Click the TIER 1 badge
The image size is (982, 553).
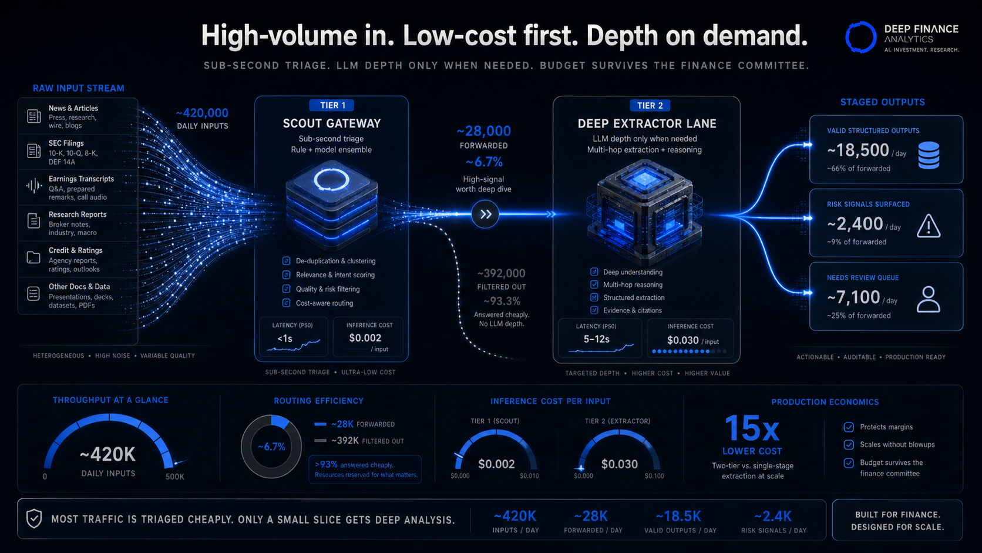click(x=332, y=105)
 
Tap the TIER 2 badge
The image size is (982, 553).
click(x=650, y=106)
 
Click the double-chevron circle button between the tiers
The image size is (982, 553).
click(x=485, y=214)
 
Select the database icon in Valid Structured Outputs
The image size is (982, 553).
click(x=929, y=155)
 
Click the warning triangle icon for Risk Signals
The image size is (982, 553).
click(x=929, y=226)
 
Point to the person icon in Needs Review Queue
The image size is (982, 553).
click(x=929, y=300)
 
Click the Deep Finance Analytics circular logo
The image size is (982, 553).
click(x=860, y=37)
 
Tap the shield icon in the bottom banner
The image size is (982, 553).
click(x=34, y=519)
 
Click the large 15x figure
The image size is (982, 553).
click(x=752, y=428)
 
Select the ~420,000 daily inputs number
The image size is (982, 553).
click(x=202, y=113)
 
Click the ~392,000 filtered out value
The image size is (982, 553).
click(x=501, y=274)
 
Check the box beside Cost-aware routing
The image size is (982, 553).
click(x=286, y=303)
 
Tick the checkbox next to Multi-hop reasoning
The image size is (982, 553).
click(x=594, y=284)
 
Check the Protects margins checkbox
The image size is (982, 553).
click(x=849, y=427)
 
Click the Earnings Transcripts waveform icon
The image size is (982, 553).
click(x=33, y=186)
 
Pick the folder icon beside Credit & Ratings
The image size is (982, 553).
click(x=33, y=257)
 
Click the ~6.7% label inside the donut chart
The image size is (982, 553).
click(x=271, y=447)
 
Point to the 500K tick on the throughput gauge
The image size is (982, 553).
click(x=174, y=477)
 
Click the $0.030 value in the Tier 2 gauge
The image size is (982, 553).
click(x=619, y=464)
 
